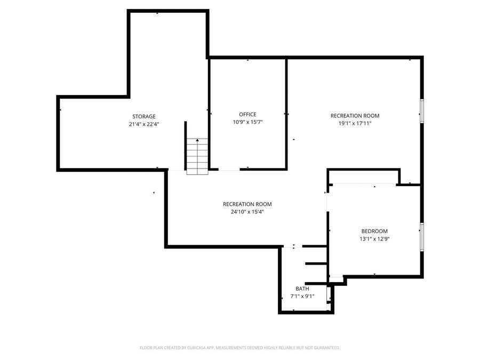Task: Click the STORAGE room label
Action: pyautogui.click(x=144, y=116)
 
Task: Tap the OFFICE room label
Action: pyautogui.click(x=247, y=114)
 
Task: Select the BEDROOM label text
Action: pyautogui.click(x=374, y=231)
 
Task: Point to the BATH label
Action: pyautogui.click(x=302, y=289)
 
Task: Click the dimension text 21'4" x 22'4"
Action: pyautogui.click(x=144, y=124)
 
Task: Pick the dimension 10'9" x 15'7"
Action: pyautogui.click(x=247, y=122)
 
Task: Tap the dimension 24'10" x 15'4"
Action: pyautogui.click(x=247, y=212)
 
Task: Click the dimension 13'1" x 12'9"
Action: pyautogui.click(x=374, y=239)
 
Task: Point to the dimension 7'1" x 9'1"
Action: pyautogui.click(x=302, y=297)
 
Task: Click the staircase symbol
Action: pyautogui.click(x=197, y=156)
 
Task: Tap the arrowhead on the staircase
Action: pyautogui.click(x=197, y=140)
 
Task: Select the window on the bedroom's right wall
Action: pyautogui.click(x=421, y=236)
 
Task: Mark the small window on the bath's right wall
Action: pyautogui.click(x=329, y=294)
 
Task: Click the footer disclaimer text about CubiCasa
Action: pyautogui.click(x=239, y=348)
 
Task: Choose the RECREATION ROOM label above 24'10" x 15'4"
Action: pyautogui.click(x=247, y=204)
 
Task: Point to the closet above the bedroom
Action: pyautogui.click(x=363, y=177)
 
